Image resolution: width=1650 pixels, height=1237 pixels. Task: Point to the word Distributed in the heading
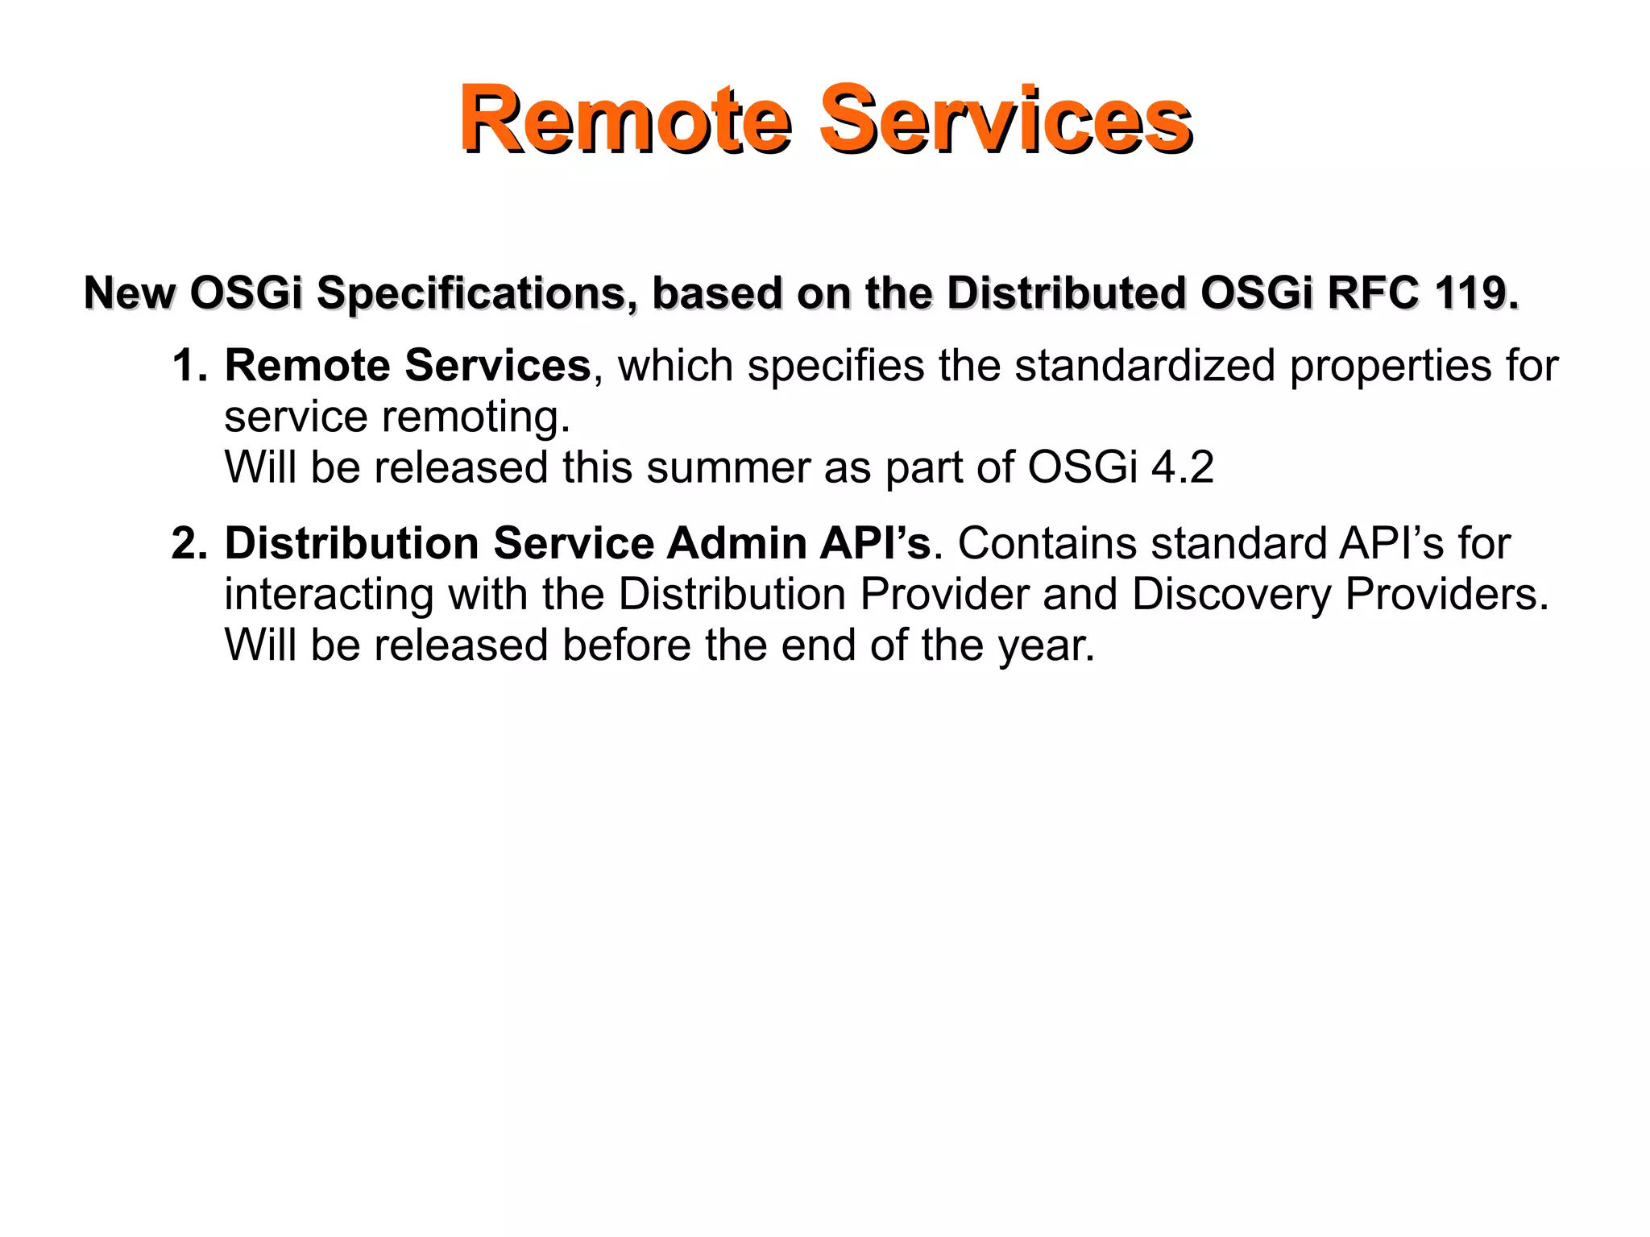coord(1065,293)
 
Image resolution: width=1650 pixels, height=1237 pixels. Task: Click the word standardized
coord(1144,367)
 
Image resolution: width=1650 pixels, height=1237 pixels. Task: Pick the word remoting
coord(475,417)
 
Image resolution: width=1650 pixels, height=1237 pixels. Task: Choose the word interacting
coord(329,595)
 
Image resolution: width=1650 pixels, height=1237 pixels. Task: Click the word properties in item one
coord(1384,367)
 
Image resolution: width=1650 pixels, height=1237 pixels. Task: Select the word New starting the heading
coord(129,293)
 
